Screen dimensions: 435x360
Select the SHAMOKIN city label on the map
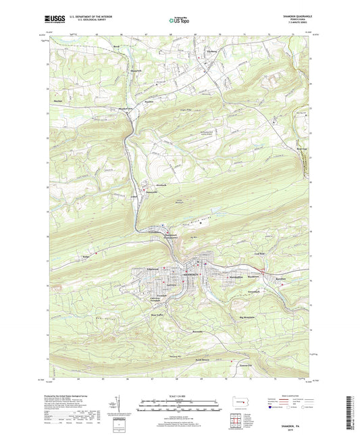pos(190,275)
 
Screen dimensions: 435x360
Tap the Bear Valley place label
pos(157,315)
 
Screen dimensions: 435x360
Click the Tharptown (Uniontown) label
pos(170,236)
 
